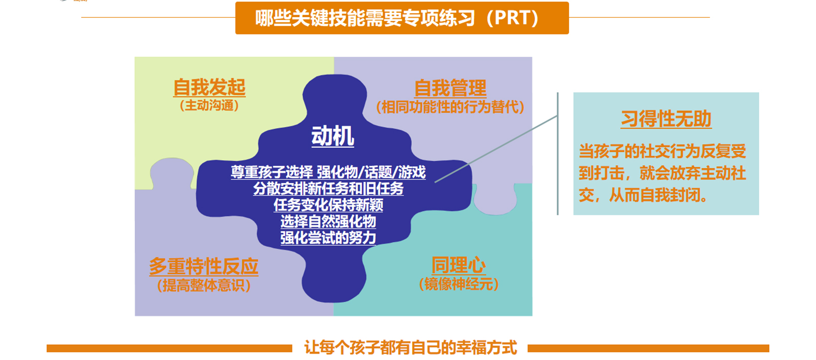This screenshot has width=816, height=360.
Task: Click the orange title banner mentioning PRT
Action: click(402, 18)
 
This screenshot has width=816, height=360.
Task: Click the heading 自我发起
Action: click(209, 87)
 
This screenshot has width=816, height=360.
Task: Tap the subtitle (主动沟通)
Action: click(209, 105)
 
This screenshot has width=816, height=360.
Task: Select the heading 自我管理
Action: click(450, 88)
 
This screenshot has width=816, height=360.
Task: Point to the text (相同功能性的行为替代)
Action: click(450, 107)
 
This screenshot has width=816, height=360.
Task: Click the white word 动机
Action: click(332, 136)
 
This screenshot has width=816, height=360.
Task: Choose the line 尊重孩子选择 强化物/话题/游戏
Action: click(328, 172)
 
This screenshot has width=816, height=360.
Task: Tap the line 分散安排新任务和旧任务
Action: click(328, 189)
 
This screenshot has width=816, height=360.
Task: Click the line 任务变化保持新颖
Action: click(328, 205)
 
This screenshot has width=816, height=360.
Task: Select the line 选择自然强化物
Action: click(328, 222)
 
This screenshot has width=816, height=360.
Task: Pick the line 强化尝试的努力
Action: click(328, 238)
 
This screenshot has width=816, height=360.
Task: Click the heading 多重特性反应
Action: click(204, 266)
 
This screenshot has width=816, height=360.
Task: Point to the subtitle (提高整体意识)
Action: click(204, 285)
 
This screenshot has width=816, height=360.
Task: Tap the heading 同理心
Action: click(458, 265)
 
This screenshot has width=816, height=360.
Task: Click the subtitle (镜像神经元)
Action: click(458, 284)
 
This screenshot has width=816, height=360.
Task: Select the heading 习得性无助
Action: click(666, 119)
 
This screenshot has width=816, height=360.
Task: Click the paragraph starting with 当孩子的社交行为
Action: click(662, 173)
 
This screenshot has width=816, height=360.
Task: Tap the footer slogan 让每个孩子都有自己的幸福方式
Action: click(410, 348)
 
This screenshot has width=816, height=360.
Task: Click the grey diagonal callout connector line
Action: click(496, 149)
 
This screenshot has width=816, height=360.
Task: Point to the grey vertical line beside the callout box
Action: click(558, 154)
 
